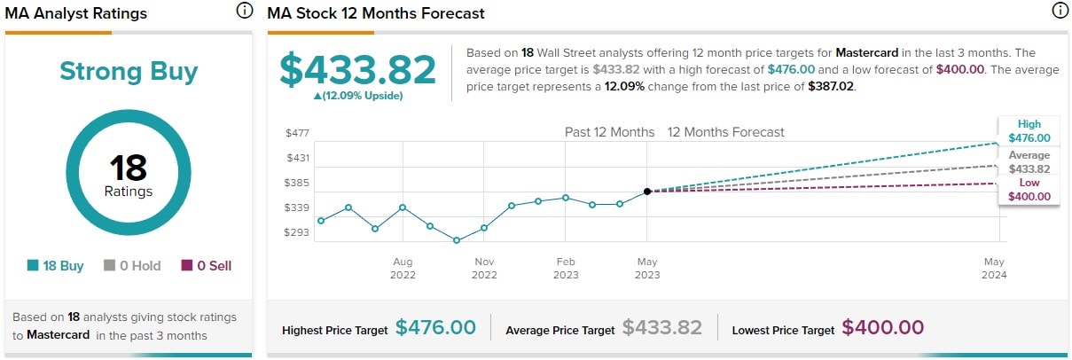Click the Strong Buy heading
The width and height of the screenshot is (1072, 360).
[129, 71]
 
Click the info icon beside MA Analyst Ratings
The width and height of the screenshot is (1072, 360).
[244, 12]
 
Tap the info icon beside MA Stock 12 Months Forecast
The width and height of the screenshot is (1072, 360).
[1059, 12]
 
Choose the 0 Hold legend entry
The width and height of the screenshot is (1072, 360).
[133, 265]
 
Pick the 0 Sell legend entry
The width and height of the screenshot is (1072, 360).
[207, 265]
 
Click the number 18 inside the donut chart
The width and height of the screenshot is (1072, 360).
[129, 167]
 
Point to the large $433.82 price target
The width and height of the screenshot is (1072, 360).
[358, 69]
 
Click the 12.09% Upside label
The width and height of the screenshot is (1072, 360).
[358, 96]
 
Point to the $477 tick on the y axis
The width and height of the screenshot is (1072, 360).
[297, 133]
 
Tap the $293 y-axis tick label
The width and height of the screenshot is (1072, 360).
[297, 232]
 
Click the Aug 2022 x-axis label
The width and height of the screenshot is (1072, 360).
[403, 268]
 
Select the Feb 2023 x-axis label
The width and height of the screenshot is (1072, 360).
[566, 268]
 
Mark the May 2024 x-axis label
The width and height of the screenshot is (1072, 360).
[994, 268]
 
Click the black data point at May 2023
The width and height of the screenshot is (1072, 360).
[647, 191]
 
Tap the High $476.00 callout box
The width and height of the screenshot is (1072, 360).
[1029, 131]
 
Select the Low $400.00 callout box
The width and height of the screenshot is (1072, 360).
[1029, 190]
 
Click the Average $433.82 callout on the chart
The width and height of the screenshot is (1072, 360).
[1029, 161]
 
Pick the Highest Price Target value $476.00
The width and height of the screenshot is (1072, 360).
[435, 328]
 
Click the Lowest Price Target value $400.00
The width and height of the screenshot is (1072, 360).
[882, 328]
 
